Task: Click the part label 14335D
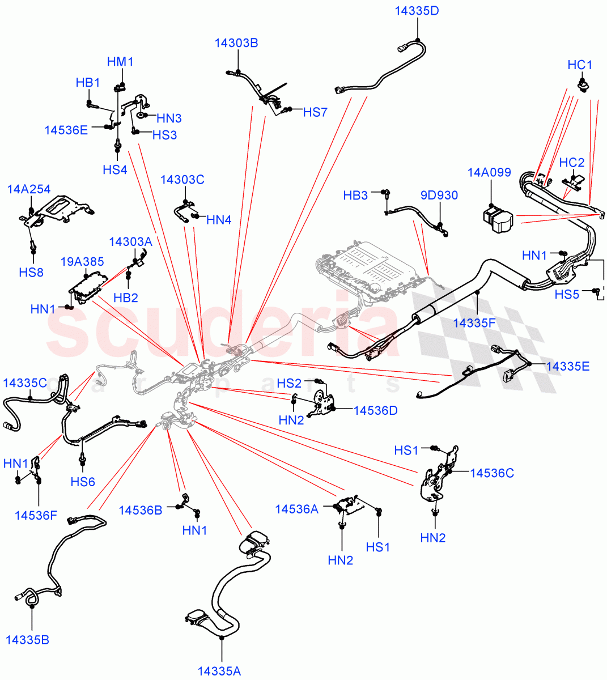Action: [417, 11]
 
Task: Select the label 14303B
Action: [236, 43]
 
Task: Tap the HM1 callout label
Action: [120, 62]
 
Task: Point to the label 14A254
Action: [29, 189]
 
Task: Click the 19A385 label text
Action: [82, 261]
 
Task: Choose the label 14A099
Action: [489, 172]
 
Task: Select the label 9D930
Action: [439, 195]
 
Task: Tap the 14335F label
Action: [474, 323]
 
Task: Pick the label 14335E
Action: [567, 366]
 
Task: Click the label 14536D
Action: [375, 410]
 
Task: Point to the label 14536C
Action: [492, 473]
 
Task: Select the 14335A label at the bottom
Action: [219, 671]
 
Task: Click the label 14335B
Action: [27, 640]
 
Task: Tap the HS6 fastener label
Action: [83, 482]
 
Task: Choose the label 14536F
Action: [36, 515]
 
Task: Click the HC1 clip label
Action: [580, 65]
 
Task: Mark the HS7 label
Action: [315, 112]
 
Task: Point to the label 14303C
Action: [182, 180]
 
